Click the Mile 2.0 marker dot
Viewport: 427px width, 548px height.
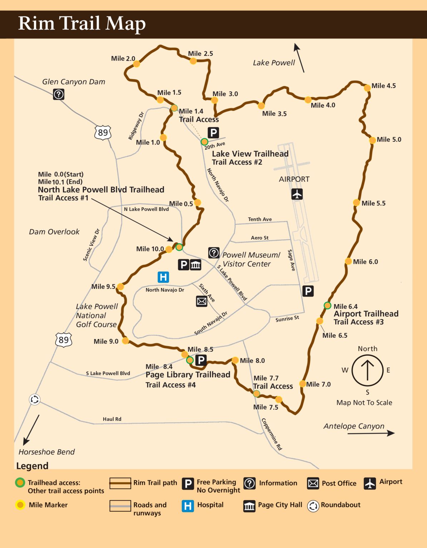(x=136, y=64)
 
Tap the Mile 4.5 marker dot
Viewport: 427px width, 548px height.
(x=367, y=88)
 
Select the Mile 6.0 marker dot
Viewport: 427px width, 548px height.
(x=348, y=261)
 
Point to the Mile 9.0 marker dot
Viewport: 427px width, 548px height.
(x=125, y=341)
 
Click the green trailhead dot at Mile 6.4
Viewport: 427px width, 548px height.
(x=327, y=305)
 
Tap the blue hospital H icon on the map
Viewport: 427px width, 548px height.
(x=163, y=277)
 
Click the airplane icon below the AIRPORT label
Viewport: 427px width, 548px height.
(x=297, y=194)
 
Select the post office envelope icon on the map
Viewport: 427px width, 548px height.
(x=202, y=301)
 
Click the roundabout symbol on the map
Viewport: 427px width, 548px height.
(x=35, y=400)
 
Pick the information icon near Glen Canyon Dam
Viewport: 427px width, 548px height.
(x=59, y=94)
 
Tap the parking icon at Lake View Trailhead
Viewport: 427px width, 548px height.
(x=213, y=133)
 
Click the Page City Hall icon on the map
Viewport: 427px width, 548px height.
(x=195, y=265)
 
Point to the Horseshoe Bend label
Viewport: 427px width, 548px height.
(x=46, y=452)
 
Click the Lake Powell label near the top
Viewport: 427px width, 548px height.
(x=274, y=63)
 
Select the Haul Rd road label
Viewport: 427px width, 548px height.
(x=112, y=419)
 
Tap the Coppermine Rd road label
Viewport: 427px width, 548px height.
(x=272, y=434)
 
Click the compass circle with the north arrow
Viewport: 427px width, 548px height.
(x=367, y=370)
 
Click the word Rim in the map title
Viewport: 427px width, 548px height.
(x=36, y=24)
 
